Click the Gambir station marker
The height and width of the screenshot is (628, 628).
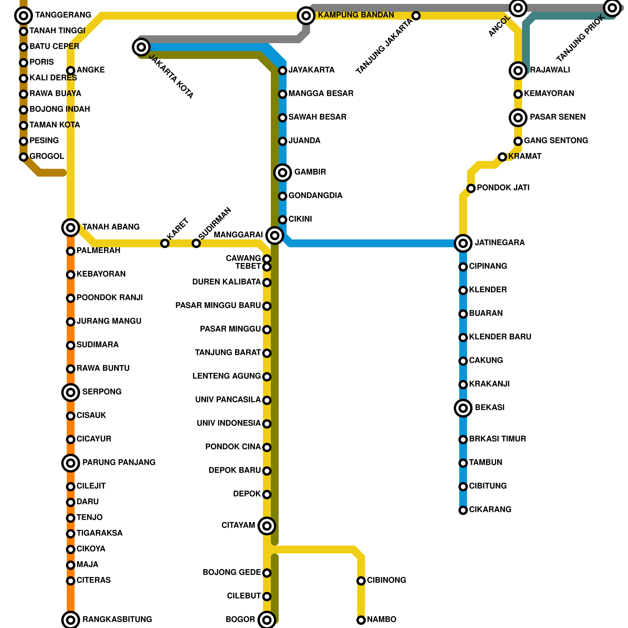(283, 172)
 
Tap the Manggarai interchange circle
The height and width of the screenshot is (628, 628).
(275, 235)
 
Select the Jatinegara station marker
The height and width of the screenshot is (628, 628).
(463, 243)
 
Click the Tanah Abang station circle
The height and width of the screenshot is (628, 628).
(71, 227)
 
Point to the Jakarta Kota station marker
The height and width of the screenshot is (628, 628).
(141, 47)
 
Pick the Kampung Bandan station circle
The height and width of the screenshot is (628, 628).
(306, 16)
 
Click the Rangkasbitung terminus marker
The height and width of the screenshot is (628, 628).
(71, 620)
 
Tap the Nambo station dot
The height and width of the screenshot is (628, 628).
(361, 620)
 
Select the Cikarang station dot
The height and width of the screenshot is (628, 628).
(463, 510)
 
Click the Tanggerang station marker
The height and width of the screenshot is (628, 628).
(24, 16)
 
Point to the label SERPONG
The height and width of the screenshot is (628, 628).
(102, 392)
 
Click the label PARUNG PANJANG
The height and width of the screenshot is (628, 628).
(119, 462)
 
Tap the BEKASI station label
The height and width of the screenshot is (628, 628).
(489, 407)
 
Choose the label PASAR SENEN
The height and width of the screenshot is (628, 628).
(557, 117)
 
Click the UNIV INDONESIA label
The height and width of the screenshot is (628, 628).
(228, 423)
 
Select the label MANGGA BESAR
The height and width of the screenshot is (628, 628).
(321, 93)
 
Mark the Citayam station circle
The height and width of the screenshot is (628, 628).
(267, 526)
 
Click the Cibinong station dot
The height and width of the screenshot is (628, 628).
(361, 581)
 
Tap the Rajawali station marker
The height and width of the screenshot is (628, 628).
(518, 71)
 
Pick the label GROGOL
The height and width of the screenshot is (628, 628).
(47, 156)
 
